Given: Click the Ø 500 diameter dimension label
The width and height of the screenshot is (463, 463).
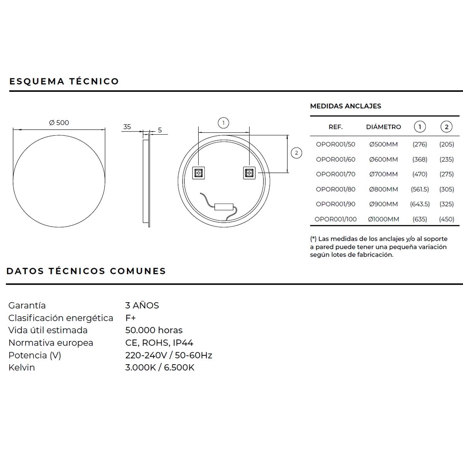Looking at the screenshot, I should click(59, 123).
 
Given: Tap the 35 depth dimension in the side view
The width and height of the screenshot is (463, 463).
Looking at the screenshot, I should click(127, 127).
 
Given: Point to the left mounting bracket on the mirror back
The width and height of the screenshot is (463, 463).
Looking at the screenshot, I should click(199, 173).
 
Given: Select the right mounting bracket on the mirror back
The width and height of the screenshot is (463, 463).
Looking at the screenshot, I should click(249, 173).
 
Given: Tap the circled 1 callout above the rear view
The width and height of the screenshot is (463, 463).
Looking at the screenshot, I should click(223, 123).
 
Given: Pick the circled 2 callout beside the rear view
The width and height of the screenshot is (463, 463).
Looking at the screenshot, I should click(296, 153).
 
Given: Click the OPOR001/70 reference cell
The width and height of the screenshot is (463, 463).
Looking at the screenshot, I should click(336, 174).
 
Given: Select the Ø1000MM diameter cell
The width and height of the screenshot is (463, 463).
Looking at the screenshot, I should click(384, 219).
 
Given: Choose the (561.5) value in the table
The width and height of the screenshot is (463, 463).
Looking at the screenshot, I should click(420, 189).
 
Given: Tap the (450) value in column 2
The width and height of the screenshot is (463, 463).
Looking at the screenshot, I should click(446, 219).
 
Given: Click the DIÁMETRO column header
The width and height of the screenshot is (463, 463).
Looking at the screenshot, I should click(384, 127).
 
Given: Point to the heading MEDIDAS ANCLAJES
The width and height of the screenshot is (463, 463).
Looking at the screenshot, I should click(345, 106).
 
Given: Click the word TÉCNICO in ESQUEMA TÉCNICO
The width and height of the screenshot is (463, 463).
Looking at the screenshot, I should click(94, 81).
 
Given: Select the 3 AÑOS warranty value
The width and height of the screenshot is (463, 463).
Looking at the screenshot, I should click(142, 306).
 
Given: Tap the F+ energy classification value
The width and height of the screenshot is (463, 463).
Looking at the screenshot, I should click(130, 318).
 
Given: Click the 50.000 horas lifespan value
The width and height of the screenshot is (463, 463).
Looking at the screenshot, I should click(154, 330).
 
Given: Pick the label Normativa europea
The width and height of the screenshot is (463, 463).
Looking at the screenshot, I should click(51, 343).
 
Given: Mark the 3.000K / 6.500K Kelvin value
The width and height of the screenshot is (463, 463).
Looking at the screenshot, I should click(160, 367).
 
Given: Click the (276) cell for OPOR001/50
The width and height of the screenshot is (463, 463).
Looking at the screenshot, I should click(420, 144).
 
